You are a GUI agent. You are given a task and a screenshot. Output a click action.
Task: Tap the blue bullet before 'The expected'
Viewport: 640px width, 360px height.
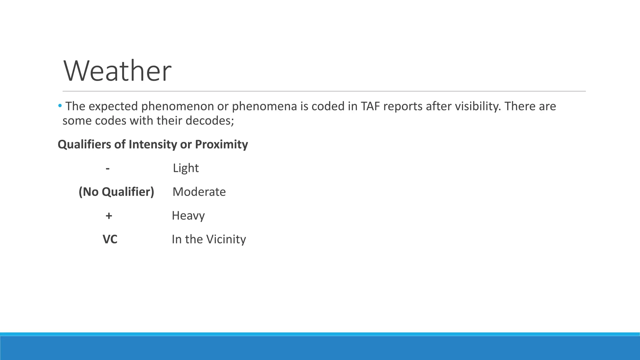pyautogui.click(x=60, y=106)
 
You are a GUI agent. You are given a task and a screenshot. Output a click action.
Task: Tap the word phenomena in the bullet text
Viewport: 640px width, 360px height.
pyautogui.click(x=264, y=107)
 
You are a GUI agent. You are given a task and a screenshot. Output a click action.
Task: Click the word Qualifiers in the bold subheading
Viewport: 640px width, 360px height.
pyautogui.click(x=84, y=144)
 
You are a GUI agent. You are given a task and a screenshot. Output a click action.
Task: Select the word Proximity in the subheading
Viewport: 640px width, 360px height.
pyautogui.click(x=221, y=144)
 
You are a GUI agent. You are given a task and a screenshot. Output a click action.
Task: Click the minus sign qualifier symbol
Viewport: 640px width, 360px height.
pyautogui.click(x=108, y=168)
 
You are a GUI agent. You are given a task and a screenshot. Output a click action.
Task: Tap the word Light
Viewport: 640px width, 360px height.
pyautogui.click(x=186, y=168)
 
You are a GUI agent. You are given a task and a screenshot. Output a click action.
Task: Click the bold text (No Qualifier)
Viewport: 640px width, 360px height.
pyautogui.click(x=116, y=192)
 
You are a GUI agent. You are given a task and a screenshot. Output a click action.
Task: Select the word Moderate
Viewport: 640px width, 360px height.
pyautogui.click(x=199, y=192)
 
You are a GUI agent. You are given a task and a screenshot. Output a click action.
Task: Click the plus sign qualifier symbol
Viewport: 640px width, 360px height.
pyautogui.click(x=109, y=216)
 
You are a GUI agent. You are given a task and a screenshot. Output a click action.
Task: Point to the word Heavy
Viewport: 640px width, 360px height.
pyautogui.click(x=188, y=216)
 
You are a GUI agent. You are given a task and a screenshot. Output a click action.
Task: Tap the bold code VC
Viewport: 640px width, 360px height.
pyautogui.click(x=110, y=239)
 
